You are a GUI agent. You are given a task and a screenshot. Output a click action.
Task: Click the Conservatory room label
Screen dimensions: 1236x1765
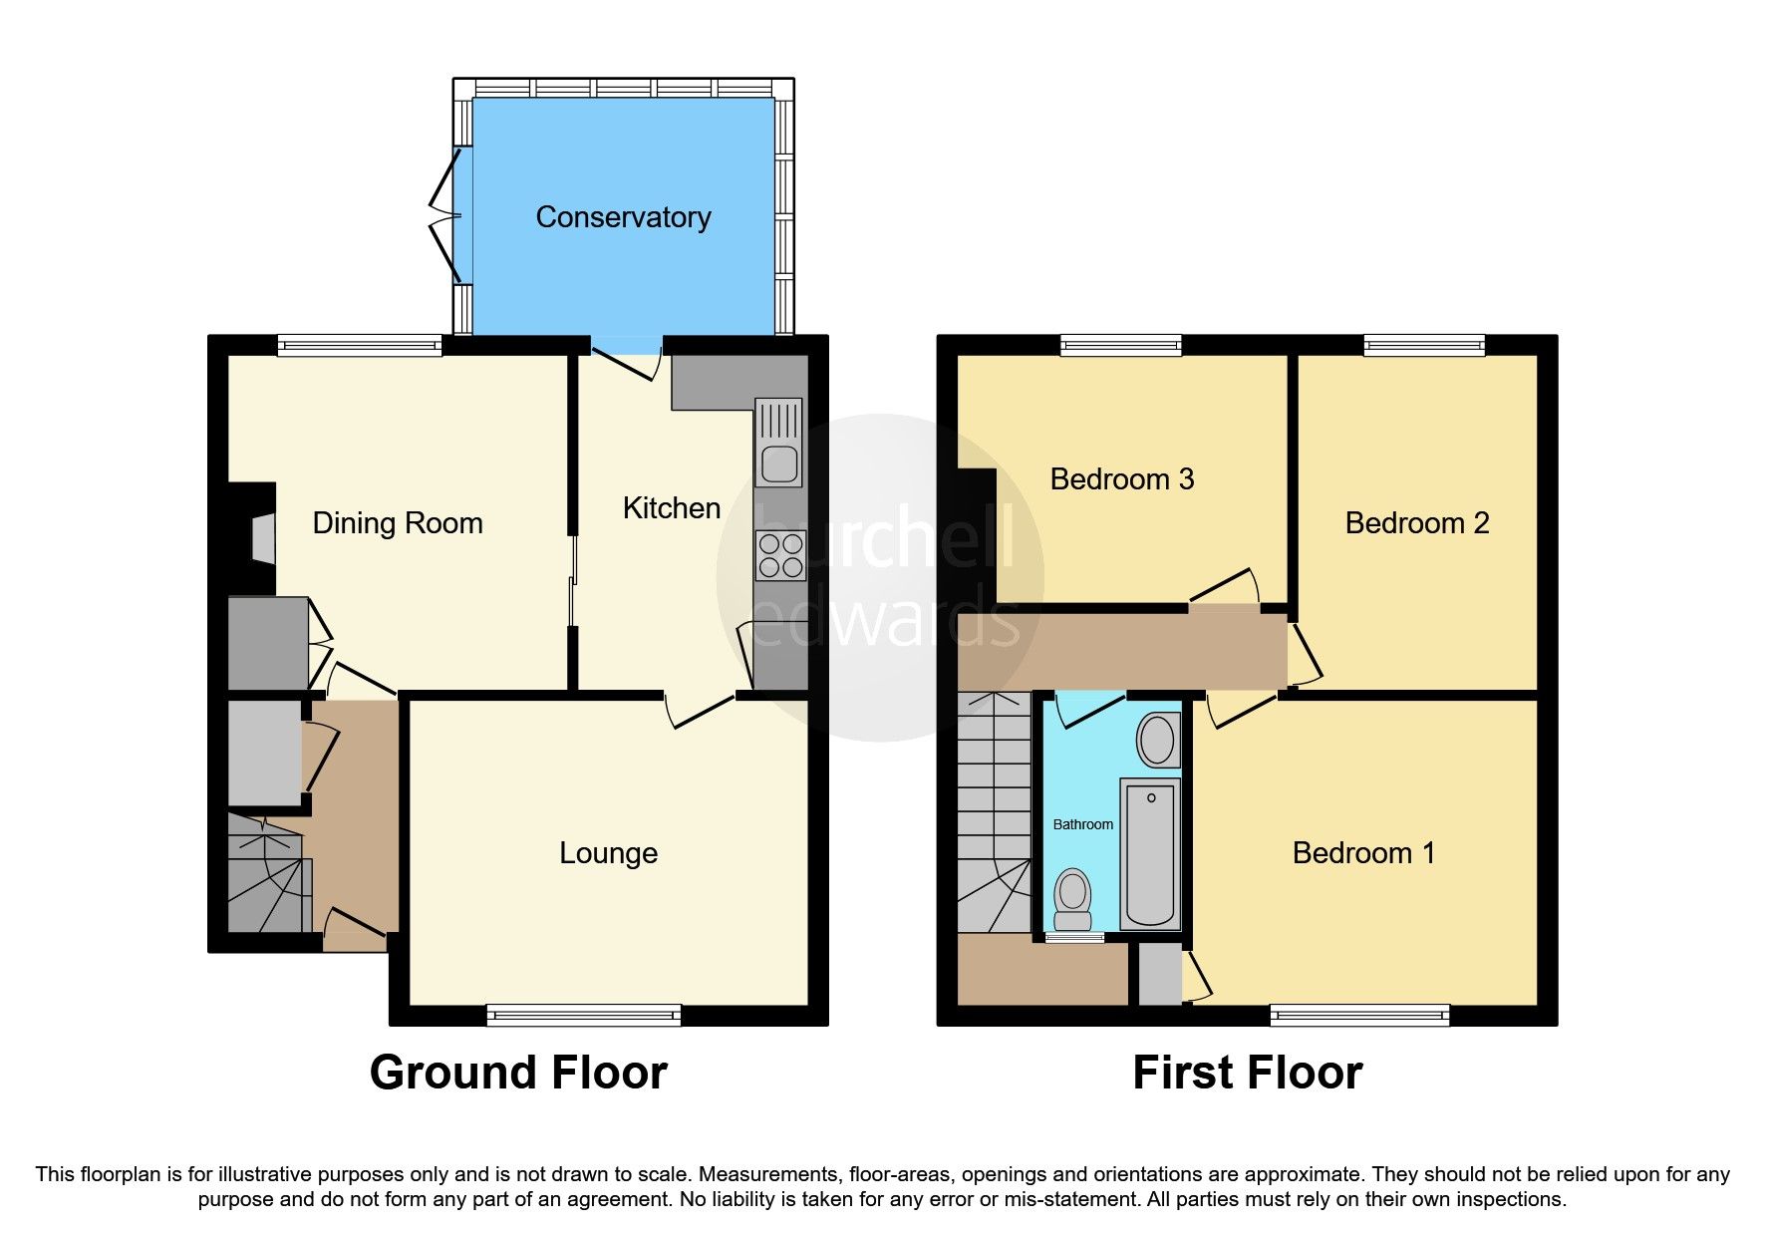[x=623, y=217]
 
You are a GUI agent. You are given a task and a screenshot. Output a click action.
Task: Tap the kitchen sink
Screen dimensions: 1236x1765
[x=778, y=463]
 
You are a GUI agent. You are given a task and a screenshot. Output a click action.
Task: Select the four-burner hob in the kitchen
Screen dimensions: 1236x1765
[x=780, y=556]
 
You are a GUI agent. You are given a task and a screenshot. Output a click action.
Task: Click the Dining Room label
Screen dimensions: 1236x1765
[x=398, y=523]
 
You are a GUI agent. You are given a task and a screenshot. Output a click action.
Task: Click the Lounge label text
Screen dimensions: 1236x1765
[x=608, y=853]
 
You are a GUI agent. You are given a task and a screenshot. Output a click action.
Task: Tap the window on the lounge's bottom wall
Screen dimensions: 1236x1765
[x=584, y=1015]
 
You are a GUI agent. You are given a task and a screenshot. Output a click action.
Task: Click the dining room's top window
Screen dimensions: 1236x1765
[x=360, y=346]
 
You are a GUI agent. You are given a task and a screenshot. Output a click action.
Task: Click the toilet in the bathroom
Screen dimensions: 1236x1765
[x=1073, y=898]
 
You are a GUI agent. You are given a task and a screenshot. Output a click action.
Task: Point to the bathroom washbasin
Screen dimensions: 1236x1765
[x=1157, y=740]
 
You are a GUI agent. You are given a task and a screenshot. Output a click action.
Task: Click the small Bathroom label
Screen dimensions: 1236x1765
[x=1083, y=824]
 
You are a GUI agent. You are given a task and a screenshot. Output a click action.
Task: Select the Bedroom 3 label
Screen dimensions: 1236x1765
[x=1121, y=479]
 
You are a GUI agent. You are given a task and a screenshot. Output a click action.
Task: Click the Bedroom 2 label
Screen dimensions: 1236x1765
[x=1416, y=523]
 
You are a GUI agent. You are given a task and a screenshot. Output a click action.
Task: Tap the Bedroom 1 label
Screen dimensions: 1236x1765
[x=1362, y=853]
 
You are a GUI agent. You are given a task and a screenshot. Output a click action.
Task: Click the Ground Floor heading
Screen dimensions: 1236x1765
[x=518, y=1074]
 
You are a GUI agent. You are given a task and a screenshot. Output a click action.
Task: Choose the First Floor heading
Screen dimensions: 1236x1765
[x=1247, y=1074]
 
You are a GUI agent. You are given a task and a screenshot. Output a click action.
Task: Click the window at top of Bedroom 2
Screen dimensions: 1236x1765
[x=1424, y=346]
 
